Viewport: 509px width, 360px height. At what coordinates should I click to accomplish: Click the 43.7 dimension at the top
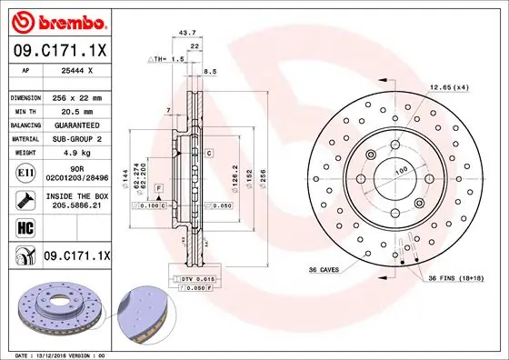(x=188, y=32)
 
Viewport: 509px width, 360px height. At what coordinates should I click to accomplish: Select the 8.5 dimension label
(x=211, y=70)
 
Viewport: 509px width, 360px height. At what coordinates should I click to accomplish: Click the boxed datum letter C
(x=208, y=153)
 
